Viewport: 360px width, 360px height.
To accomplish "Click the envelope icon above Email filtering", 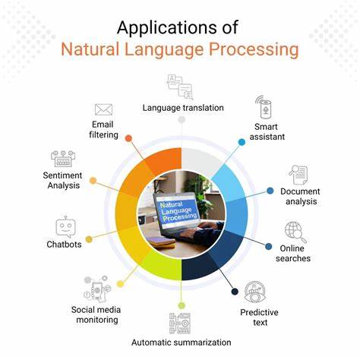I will tap(104, 109).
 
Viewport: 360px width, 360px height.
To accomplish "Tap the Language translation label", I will tap(183, 107).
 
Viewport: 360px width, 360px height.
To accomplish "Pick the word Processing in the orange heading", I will tap(256, 52).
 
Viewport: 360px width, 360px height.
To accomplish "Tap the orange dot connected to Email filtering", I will tap(128, 139).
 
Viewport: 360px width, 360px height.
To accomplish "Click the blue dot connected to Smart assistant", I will tap(242, 141).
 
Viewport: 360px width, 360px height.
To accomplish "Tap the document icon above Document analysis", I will tap(298, 175).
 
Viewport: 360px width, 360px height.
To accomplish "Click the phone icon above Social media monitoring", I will tap(96, 289).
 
